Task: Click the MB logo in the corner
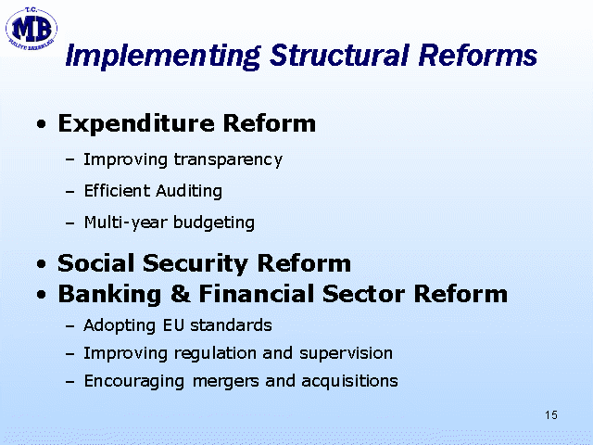click(31, 29)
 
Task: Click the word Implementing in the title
click(163, 56)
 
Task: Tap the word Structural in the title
click(339, 56)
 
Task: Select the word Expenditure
click(136, 124)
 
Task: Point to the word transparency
click(228, 160)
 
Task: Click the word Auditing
click(189, 191)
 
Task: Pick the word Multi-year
click(126, 222)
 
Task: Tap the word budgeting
click(214, 222)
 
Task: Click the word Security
click(196, 263)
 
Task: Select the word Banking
click(109, 295)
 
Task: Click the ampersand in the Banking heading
click(181, 294)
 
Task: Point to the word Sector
click(363, 294)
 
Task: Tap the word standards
click(231, 325)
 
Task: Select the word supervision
click(346, 353)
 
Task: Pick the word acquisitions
click(350, 381)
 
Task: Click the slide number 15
click(551, 415)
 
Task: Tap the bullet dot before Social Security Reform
click(42, 264)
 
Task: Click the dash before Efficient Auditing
click(69, 192)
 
